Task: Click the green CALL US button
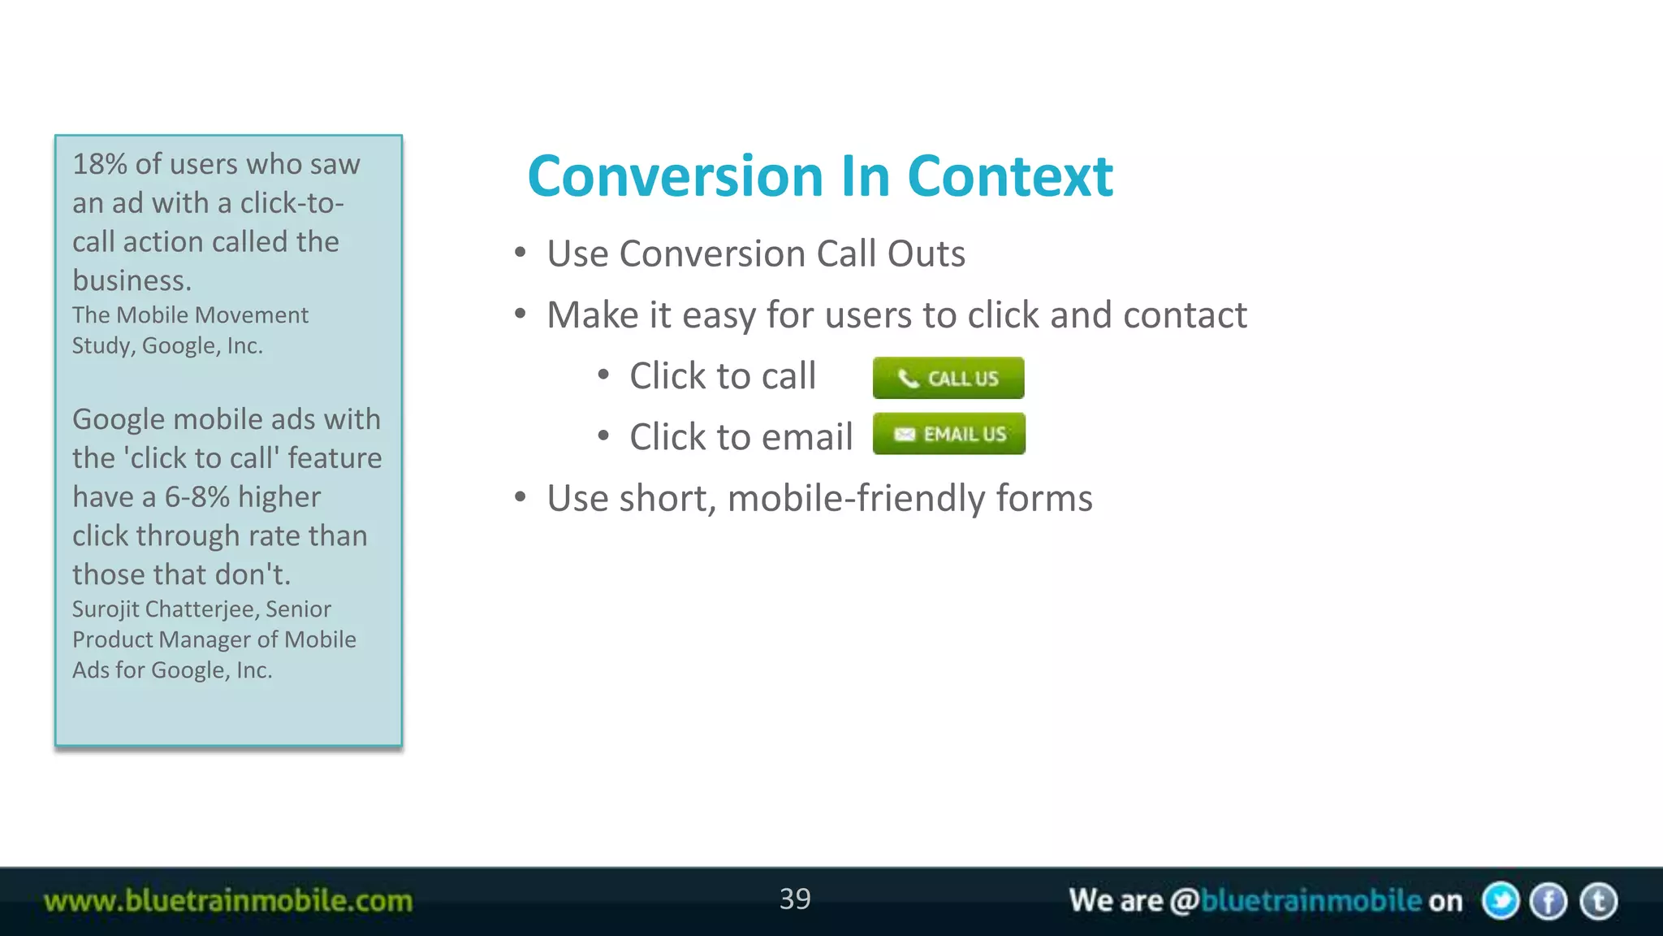pyautogui.click(x=948, y=378)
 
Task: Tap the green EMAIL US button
pyautogui.click(x=948, y=434)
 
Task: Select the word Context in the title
pyautogui.click(x=1009, y=176)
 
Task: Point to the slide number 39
pyautogui.click(x=795, y=899)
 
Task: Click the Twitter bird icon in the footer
pyautogui.click(x=1500, y=901)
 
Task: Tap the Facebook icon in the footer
pyautogui.click(x=1549, y=901)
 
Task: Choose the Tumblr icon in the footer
pyautogui.click(x=1598, y=901)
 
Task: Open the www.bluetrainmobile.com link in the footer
pyautogui.click(x=228, y=901)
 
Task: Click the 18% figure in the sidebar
pyautogui.click(x=99, y=164)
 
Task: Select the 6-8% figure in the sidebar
pyautogui.click(x=197, y=497)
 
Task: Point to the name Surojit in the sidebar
pyautogui.click(x=105, y=609)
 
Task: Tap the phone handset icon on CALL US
pyautogui.click(x=908, y=379)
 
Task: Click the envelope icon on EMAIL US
pyautogui.click(x=904, y=435)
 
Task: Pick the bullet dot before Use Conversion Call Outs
pyautogui.click(x=520, y=253)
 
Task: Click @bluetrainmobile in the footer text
pyautogui.click(x=1295, y=901)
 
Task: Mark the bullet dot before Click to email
pyautogui.click(x=603, y=436)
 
